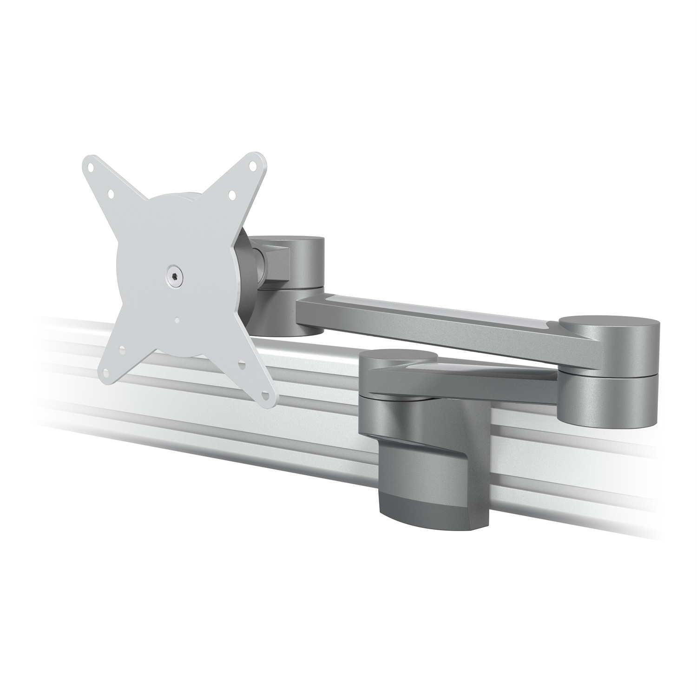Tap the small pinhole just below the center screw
177,319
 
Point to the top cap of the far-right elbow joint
609,323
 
